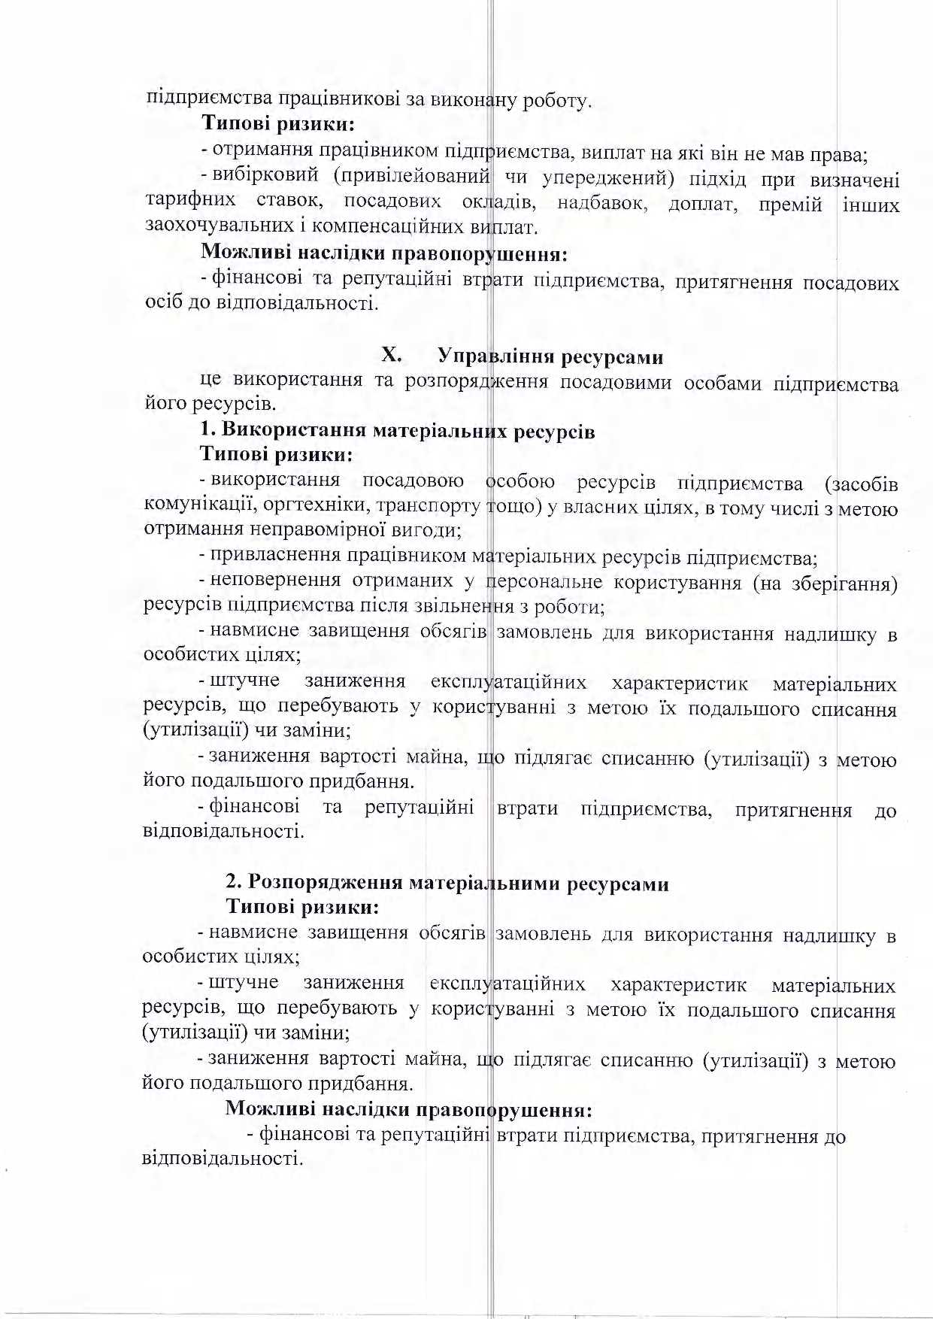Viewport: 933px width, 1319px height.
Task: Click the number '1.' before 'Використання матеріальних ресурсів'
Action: [x=208, y=432]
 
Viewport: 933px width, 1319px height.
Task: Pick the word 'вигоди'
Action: [x=426, y=531]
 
